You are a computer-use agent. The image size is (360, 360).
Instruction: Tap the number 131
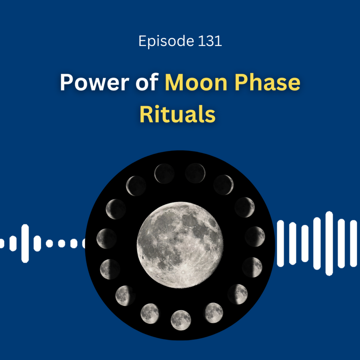(210, 41)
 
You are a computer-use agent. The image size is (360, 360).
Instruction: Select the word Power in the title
(94, 82)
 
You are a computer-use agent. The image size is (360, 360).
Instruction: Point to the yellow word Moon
(196, 82)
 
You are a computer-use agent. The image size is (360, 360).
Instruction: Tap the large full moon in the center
(180, 245)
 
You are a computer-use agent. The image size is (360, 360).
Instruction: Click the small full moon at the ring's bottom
(181, 320)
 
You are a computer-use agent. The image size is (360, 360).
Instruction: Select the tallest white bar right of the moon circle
(329, 243)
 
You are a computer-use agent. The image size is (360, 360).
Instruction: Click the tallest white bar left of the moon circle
(25, 243)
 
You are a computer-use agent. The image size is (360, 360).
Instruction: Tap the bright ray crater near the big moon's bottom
(183, 272)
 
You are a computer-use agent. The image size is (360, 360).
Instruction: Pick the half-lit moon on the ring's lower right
(252, 267)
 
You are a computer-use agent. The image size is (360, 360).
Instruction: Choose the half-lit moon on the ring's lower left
(110, 269)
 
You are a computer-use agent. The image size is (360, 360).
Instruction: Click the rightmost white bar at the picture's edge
(353, 243)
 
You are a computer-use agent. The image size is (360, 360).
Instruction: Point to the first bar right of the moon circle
(280, 243)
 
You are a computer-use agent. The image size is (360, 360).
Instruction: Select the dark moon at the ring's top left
(164, 174)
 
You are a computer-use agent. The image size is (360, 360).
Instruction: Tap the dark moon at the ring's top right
(195, 173)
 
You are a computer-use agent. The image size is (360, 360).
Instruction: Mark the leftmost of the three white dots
(49, 243)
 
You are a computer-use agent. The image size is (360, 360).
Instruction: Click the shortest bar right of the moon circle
(305, 243)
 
